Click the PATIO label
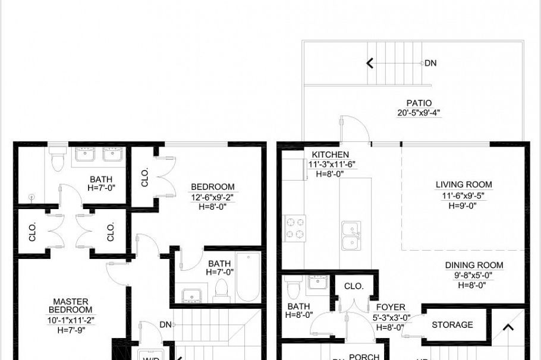[419, 103]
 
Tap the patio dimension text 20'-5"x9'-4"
[419, 112]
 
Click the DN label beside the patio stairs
[430, 62]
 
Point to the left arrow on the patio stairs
[370, 62]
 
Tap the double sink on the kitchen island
[351, 236]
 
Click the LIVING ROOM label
[464, 185]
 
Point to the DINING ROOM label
[474, 265]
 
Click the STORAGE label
[452, 325]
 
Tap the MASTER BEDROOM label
[71, 305]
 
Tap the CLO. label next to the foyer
[354, 286]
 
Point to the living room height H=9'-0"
[464, 205]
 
